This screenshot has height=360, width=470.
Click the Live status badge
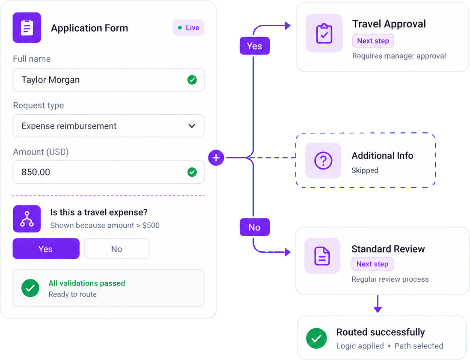(x=188, y=27)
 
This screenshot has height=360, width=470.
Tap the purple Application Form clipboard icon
(x=27, y=27)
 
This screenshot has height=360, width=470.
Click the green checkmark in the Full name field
(x=192, y=80)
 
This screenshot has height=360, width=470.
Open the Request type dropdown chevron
(x=192, y=126)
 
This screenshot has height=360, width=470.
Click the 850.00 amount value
(x=36, y=172)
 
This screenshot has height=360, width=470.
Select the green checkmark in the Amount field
(x=192, y=172)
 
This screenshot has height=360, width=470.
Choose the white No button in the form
(x=116, y=249)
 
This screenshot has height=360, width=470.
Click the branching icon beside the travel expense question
(x=27, y=219)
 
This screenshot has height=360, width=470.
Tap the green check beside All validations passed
(x=30, y=288)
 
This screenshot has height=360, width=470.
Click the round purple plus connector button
(x=216, y=158)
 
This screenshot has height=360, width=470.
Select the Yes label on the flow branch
(x=255, y=46)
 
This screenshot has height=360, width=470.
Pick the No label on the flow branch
(x=255, y=227)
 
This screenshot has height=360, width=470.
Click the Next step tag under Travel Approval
(x=373, y=41)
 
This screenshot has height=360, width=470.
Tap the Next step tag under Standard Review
(x=372, y=264)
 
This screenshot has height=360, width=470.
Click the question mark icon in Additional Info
(x=323, y=161)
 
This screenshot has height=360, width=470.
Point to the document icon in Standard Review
(x=322, y=256)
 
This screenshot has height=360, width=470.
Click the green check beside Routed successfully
(x=316, y=339)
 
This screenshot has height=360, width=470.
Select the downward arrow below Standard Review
(x=378, y=304)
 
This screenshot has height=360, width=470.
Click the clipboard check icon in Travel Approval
(x=324, y=33)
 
